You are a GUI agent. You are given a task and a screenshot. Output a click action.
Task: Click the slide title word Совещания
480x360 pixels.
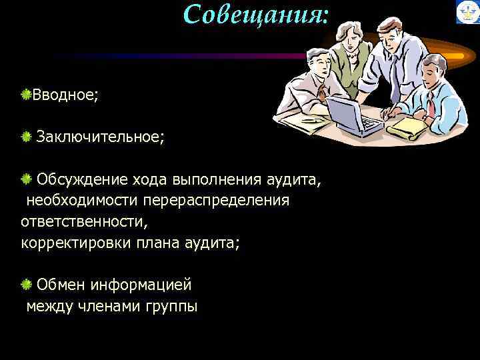click(x=256, y=15)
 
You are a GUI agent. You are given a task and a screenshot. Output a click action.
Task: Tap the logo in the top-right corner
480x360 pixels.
click(x=467, y=12)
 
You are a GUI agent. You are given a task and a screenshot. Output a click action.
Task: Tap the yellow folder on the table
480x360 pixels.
click(x=406, y=126)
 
